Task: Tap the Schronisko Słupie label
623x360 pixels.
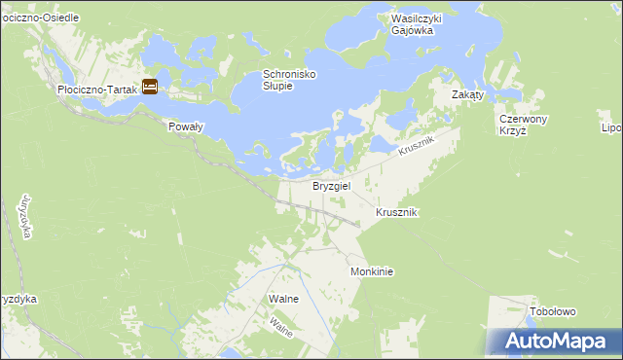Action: tap(290, 80)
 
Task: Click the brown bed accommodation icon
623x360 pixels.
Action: tap(150, 87)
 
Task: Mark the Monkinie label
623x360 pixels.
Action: tap(371, 272)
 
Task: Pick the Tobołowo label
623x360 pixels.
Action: tap(553, 311)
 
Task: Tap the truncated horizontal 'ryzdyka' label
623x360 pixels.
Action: tap(18, 299)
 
